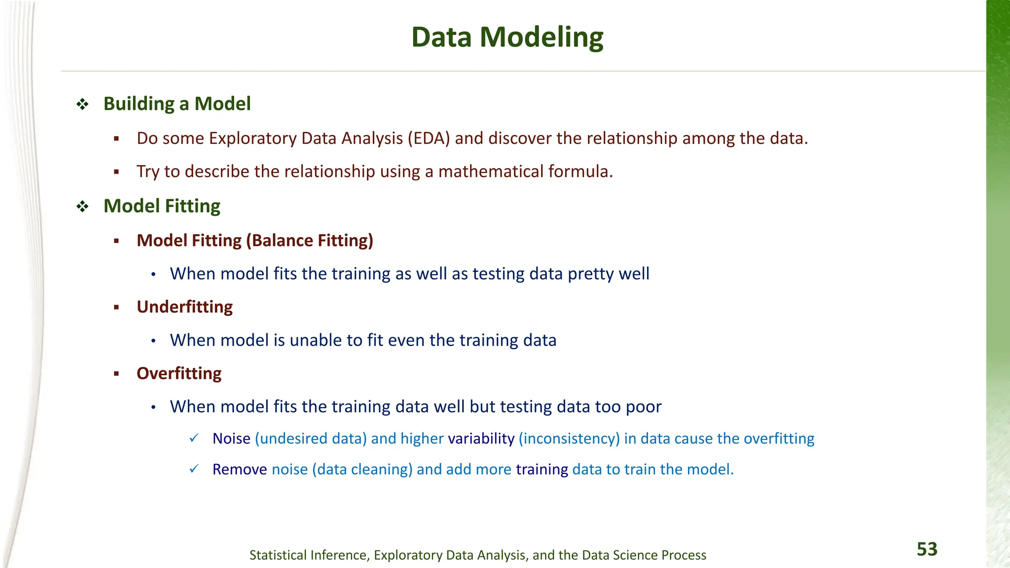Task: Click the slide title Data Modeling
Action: coord(507,37)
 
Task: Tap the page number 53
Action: coord(927,549)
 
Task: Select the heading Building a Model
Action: coord(177,104)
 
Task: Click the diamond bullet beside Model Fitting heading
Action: coord(82,206)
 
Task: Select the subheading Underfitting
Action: coord(184,307)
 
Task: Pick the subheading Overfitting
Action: coord(179,373)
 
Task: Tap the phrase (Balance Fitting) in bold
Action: coord(309,241)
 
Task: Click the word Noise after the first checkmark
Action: coord(231,438)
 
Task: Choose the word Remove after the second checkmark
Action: coord(239,469)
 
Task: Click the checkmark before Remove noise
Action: coord(194,469)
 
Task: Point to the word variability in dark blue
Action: coord(481,438)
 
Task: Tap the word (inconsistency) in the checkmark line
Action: coord(569,438)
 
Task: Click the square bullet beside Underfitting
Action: coord(116,308)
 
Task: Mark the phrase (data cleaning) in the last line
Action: coord(362,469)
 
